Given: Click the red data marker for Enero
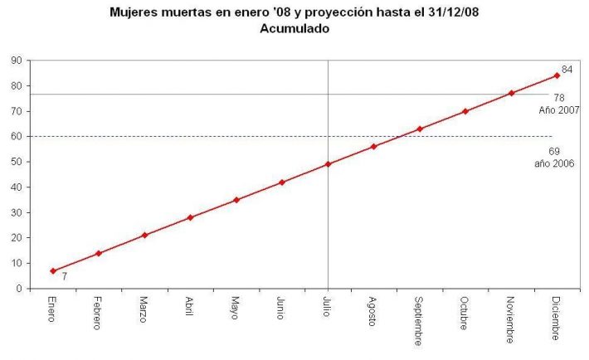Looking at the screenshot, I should (x=53, y=271).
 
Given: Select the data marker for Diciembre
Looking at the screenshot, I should (x=557, y=75).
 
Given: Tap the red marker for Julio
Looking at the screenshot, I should (x=328, y=164).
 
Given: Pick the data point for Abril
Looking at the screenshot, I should (x=190, y=217).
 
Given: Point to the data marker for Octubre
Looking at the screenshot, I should (x=465, y=111).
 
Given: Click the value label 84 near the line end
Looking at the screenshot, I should (x=567, y=70).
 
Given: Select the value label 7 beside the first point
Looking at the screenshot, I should (x=64, y=276).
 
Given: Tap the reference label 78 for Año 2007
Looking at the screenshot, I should (x=559, y=98).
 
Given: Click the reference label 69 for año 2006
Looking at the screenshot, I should (x=554, y=151).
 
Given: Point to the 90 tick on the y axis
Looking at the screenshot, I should (x=17, y=61).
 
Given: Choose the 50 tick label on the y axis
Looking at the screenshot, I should (x=17, y=163).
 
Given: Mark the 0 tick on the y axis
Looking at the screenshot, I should (x=19, y=289).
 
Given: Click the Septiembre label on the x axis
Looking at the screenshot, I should (x=419, y=319).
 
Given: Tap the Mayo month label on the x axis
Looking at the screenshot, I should (x=236, y=308).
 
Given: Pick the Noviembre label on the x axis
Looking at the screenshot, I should (x=511, y=318).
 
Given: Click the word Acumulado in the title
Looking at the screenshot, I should (x=294, y=28).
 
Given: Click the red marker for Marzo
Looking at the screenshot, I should (x=144, y=236).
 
